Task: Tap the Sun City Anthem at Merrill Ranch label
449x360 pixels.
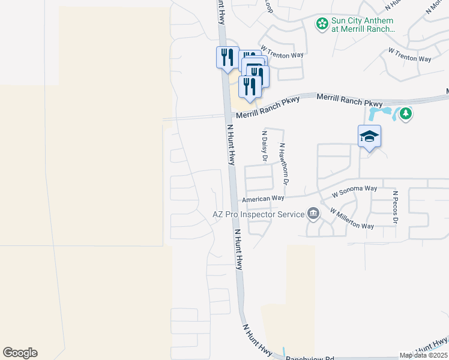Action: click(363, 24)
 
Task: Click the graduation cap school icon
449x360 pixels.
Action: click(369, 136)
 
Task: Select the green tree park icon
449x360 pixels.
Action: click(406, 113)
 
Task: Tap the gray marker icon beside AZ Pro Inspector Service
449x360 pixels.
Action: click(313, 214)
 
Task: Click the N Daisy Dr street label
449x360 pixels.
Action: click(264, 146)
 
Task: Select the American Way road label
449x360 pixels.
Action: click(263, 199)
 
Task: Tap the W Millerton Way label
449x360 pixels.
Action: click(352, 218)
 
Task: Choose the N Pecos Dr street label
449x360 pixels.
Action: click(395, 208)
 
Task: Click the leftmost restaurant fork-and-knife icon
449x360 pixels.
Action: click(227, 57)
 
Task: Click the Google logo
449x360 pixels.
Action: click(20, 353)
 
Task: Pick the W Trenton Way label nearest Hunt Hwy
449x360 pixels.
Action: click(282, 55)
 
